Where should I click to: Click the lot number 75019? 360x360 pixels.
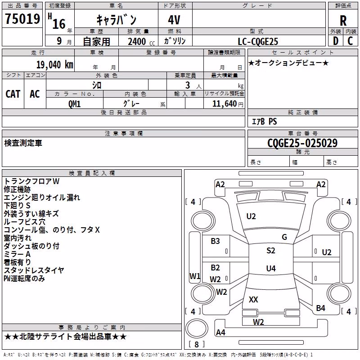point(22,19)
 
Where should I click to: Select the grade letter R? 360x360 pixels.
point(343,21)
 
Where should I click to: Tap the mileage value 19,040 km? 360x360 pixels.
point(55,65)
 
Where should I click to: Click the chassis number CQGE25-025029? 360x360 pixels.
point(302,143)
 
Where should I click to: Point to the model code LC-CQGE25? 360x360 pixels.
point(258,41)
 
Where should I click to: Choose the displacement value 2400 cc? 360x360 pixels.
point(141,41)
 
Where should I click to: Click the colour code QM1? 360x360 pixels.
point(74,104)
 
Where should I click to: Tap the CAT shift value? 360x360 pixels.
point(13,94)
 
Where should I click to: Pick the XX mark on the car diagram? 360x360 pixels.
point(253,299)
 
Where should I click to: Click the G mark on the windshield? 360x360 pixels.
point(284,237)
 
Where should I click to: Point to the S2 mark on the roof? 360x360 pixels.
point(271,251)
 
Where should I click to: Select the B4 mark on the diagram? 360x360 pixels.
point(320,308)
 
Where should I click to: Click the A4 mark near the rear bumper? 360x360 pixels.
point(220,332)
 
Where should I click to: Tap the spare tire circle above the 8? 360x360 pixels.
point(197,328)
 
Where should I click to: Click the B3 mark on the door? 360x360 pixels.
point(215,241)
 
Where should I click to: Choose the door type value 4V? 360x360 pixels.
point(174,20)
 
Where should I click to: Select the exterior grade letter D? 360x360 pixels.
point(335,41)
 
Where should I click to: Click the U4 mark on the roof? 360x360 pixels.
point(271,268)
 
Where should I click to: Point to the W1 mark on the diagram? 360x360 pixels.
point(195,276)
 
